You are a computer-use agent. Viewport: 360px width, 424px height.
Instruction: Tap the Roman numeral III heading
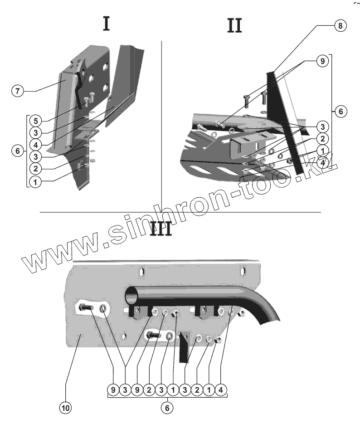pyautogui.click(x=161, y=229)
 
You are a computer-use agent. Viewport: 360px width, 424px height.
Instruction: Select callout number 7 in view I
pyautogui.click(x=17, y=91)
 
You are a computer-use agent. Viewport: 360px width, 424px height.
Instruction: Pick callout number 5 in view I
pyautogui.click(x=35, y=121)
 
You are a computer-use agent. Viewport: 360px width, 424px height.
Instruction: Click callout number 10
pyautogui.click(x=66, y=408)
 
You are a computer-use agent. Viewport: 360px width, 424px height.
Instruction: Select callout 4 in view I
pyautogui.click(x=35, y=145)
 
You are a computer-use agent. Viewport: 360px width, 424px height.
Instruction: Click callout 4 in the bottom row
pyautogui.click(x=220, y=390)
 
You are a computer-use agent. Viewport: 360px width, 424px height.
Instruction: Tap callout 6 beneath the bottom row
pyautogui.click(x=166, y=408)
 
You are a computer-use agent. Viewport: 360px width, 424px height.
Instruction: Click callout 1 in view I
pyautogui.click(x=35, y=181)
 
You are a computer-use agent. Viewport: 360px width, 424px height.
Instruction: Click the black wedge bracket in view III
pyautogui.click(x=184, y=347)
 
